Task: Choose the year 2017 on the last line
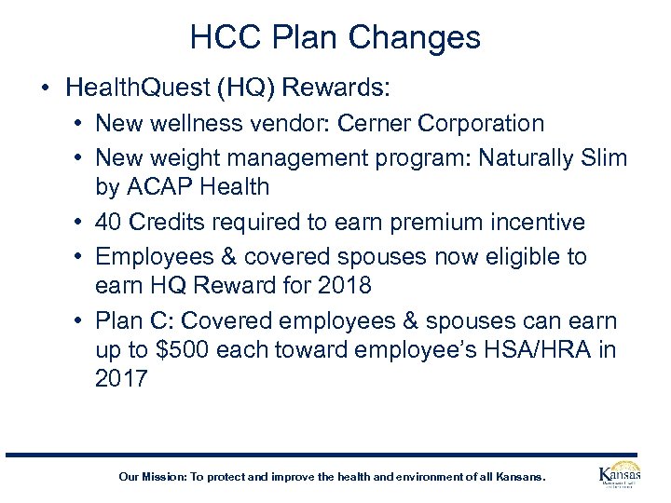[121, 378]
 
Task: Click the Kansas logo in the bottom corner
[618, 475]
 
